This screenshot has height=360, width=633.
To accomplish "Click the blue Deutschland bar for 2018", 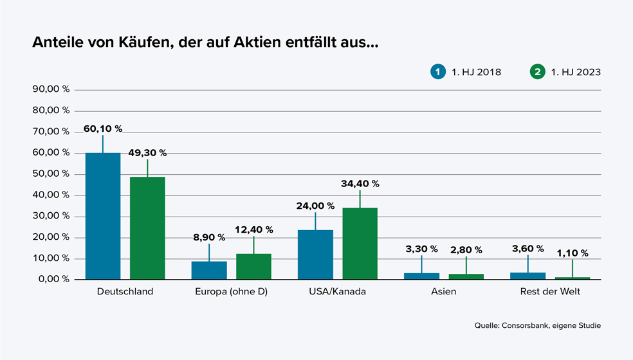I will [103, 216].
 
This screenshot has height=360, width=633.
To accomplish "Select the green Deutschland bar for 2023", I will [147, 228].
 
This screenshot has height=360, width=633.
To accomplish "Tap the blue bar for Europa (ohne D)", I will [209, 270].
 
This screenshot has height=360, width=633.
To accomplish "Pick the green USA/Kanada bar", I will [360, 243].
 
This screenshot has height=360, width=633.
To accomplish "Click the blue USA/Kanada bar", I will [315, 254].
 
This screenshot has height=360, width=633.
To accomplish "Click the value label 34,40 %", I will [360, 184].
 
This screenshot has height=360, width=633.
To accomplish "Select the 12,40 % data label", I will [253, 230].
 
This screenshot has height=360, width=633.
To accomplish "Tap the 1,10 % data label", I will [571, 253].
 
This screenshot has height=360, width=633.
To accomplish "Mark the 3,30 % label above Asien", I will [421, 249].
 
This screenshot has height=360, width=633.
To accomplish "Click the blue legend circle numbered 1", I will [438, 72].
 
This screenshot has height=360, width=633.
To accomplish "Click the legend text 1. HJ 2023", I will [576, 72].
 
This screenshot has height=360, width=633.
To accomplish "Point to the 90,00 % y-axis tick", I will [51, 89].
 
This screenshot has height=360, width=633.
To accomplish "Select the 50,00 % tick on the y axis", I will [51, 174].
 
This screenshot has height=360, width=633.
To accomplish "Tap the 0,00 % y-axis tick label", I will [53, 280].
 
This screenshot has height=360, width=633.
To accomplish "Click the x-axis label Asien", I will [444, 292].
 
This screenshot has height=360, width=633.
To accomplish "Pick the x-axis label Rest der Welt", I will [550, 292].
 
